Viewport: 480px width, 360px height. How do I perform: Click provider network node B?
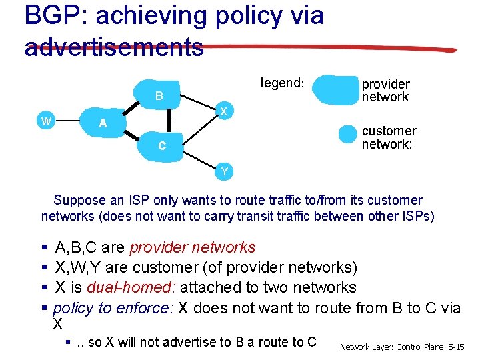[159, 96]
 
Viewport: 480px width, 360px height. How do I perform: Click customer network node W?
[46, 121]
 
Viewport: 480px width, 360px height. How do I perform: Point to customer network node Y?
[224, 172]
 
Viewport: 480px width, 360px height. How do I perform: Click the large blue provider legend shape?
[335, 90]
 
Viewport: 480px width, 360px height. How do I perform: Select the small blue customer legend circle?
[348, 134]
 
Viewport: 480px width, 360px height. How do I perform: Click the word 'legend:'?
[282, 83]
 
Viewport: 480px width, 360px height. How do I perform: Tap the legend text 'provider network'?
[385, 91]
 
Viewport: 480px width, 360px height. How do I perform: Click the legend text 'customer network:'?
[389, 137]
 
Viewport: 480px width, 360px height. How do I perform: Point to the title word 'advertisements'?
[113, 47]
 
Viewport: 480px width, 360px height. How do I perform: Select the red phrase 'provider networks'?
[192, 247]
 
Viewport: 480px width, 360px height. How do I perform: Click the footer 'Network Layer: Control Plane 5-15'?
[401, 347]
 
